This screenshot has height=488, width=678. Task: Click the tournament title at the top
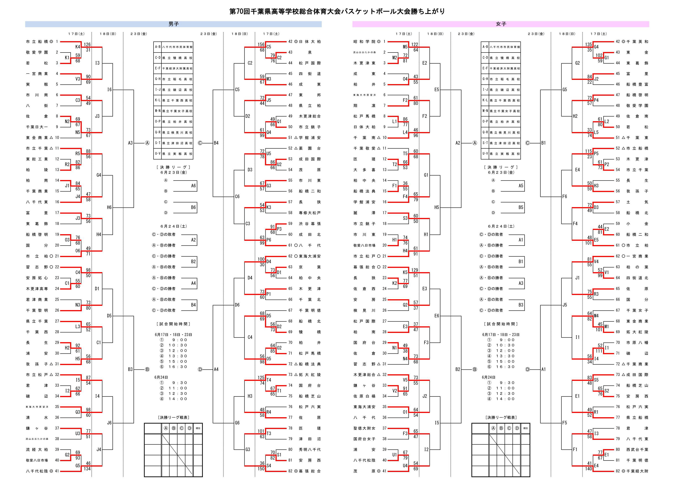click(337, 11)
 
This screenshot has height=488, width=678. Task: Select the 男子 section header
click(173, 24)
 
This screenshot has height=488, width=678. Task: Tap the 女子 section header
click(501, 24)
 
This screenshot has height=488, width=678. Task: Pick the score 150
click(261, 469)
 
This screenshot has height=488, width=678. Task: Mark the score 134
click(87, 469)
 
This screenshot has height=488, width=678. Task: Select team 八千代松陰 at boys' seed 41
click(37, 471)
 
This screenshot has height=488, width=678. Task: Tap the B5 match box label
click(521, 207)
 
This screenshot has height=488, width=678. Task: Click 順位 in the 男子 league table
click(198, 428)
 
